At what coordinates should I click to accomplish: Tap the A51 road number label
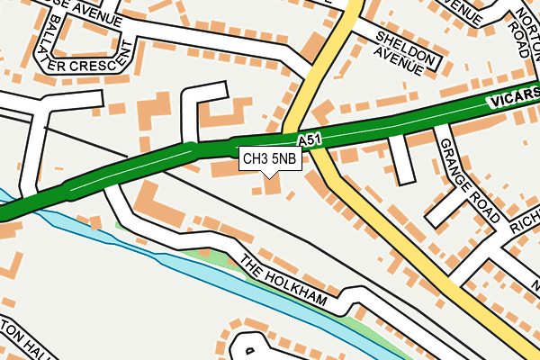[x=309, y=141]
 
